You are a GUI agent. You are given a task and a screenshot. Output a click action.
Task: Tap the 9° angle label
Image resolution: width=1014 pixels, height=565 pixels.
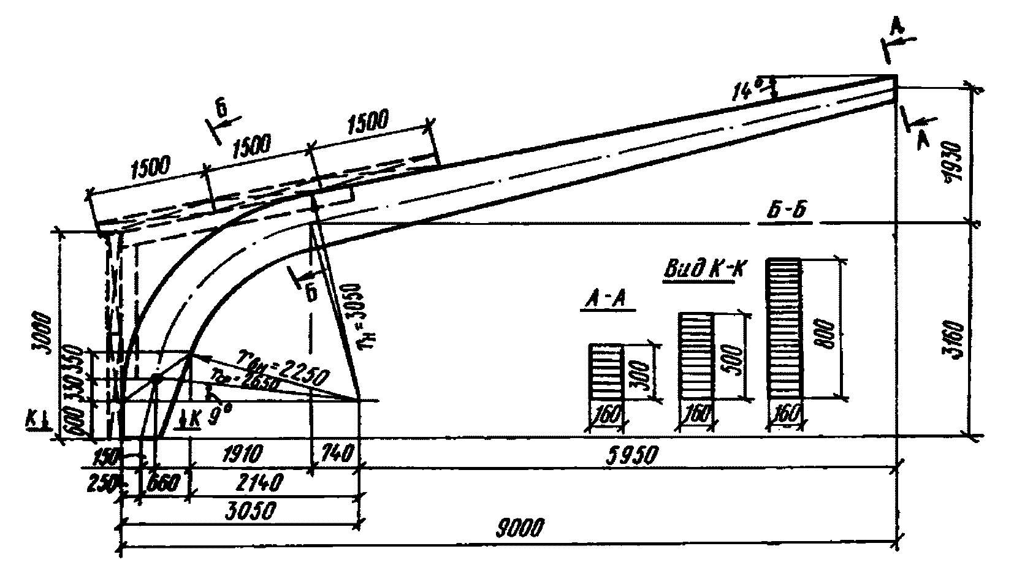[216, 417]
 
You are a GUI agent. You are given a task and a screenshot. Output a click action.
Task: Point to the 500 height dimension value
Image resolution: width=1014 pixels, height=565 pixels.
[736, 355]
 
